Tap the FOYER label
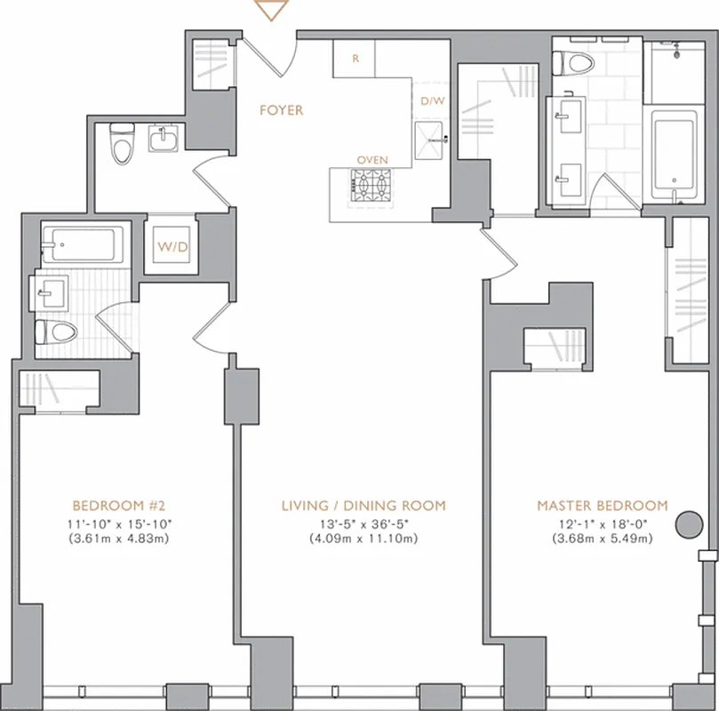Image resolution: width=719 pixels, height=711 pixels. click(281, 110)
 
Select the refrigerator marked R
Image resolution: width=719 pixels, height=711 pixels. click(355, 59)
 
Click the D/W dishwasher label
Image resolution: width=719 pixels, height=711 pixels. click(432, 100)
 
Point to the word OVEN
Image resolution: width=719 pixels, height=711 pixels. click(371, 160)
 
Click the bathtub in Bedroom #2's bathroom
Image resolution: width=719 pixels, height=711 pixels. click(85, 242)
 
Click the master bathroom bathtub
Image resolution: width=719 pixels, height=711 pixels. click(677, 153)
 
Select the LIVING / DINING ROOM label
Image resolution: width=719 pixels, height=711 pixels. click(363, 505)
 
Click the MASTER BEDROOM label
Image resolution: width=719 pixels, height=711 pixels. click(602, 505)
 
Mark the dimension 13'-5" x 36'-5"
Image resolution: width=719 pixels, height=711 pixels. click(363, 523)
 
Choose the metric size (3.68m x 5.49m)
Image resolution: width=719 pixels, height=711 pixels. click(602, 539)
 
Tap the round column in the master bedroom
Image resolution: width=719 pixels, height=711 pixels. click(688, 523)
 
